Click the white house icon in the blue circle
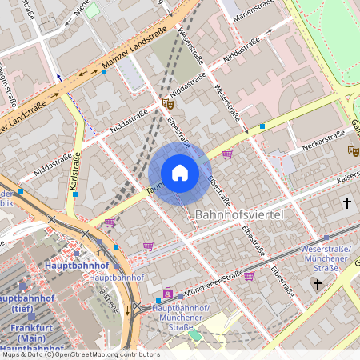(180, 173)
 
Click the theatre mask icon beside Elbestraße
(167, 103)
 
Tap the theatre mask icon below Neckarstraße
(353, 150)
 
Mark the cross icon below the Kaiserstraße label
(347, 204)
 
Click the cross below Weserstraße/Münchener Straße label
(318, 284)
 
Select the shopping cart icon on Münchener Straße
(249, 276)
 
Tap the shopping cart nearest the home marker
(227, 154)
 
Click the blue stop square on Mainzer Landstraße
(104, 72)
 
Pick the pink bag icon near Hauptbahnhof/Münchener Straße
(167, 294)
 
